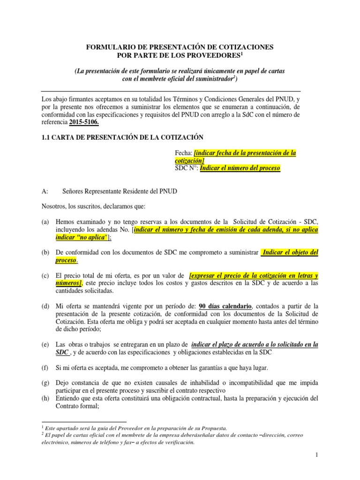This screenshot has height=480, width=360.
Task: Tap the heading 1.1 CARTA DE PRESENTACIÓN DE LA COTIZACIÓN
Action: pos(122,137)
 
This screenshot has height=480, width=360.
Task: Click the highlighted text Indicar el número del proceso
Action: pos(240,168)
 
